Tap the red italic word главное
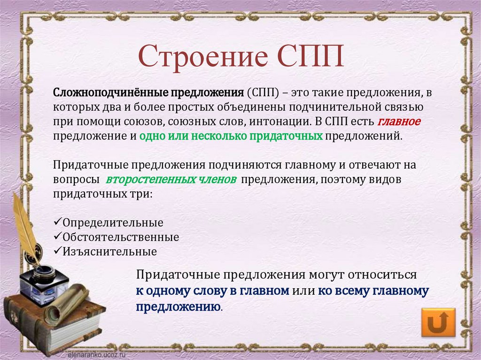[x=398, y=121]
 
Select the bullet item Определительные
[x=113, y=222]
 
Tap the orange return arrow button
[x=438, y=322]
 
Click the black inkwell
[x=44, y=284]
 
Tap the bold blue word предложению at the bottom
[x=178, y=306]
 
